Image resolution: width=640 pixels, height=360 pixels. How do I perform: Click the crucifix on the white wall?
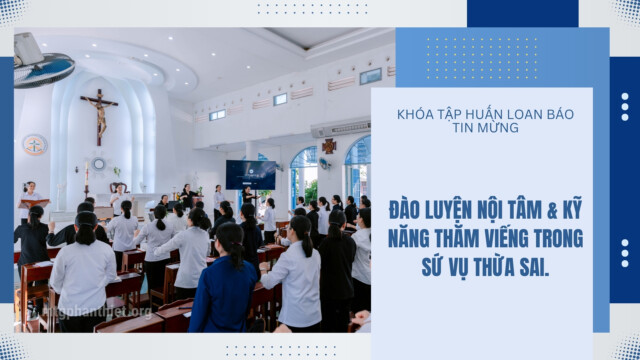pyautogui.click(x=99, y=117)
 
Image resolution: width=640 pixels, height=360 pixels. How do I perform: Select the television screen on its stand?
pyautogui.click(x=251, y=175)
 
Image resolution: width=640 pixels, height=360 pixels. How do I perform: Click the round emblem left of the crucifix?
pyautogui.click(x=35, y=145)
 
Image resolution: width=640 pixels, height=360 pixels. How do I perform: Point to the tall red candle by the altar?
pyautogui.click(x=86, y=179)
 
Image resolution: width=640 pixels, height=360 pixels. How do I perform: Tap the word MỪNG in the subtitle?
pyautogui.click(x=500, y=128)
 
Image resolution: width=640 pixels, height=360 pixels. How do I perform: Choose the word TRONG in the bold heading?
pyautogui.click(x=559, y=239)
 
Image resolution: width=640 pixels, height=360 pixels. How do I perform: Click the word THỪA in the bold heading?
pyautogui.click(x=492, y=267)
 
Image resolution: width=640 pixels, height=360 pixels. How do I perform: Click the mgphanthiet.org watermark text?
pyautogui.click(x=97, y=312)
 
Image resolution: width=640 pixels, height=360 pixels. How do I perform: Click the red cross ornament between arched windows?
pyautogui.click(x=329, y=146)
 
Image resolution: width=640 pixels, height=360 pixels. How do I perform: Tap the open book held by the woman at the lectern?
pyautogui.click(x=35, y=203)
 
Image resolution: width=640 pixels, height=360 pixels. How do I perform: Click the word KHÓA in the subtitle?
pyautogui.click(x=411, y=114)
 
